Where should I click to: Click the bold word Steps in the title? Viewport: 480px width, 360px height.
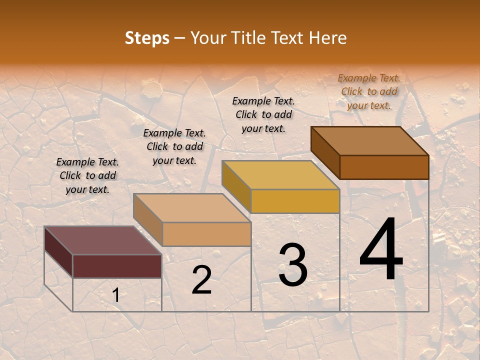[x=146, y=38]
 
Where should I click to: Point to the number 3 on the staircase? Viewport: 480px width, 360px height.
[x=293, y=265]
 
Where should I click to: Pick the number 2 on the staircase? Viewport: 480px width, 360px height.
[x=201, y=280]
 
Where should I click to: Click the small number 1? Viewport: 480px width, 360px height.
[x=116, y=295]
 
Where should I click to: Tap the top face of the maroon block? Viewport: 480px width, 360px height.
[x=102, y=240]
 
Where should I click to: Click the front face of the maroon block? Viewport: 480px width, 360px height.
[x=117, y=266]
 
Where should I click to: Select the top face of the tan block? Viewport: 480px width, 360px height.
[x=192, y=208]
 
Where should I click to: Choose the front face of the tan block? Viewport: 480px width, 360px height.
[x=206, y=234]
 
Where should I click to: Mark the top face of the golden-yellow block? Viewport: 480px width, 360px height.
[x=280, y=175]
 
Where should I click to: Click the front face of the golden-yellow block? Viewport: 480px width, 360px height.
[x=295, y=201]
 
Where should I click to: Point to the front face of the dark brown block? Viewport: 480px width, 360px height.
[x=384, y=167]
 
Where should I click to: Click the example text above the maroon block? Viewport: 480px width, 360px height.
[x=87, y=175]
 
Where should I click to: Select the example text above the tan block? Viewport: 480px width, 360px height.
[x=174, y=146]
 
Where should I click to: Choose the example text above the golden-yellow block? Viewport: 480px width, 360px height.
[x=263, y=114]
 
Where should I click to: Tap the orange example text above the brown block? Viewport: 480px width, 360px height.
[x=369, y=91]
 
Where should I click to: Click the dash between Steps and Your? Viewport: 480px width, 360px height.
[x=180, y=38]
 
